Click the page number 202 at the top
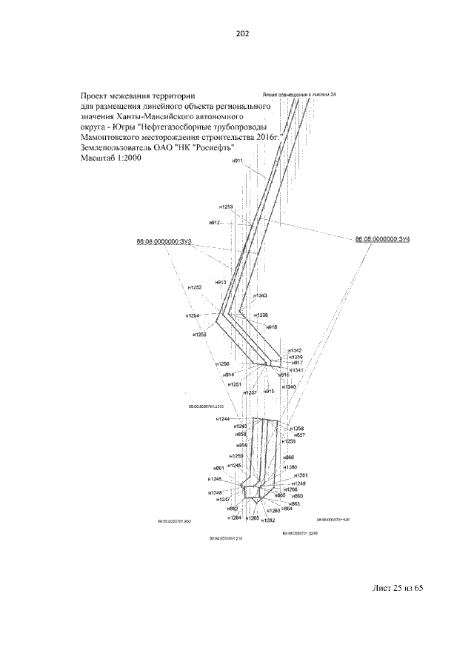click(x=237, y=33)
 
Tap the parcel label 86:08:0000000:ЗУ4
click(x=383, y=239)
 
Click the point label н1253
click(x=226, y=207)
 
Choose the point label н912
click(x=215, y=222)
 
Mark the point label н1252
click(x=195, y=287)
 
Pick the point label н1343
click(x=260, y=295)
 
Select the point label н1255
click(x=199, y=335)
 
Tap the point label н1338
click(x=261, y=315)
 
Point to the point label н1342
click(x=296, y=350)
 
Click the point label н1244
click(x=223, y=420)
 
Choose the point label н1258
click(x=297, y=429)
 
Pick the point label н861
click(x=218, y=469)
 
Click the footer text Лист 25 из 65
click(x=397, y=588)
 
